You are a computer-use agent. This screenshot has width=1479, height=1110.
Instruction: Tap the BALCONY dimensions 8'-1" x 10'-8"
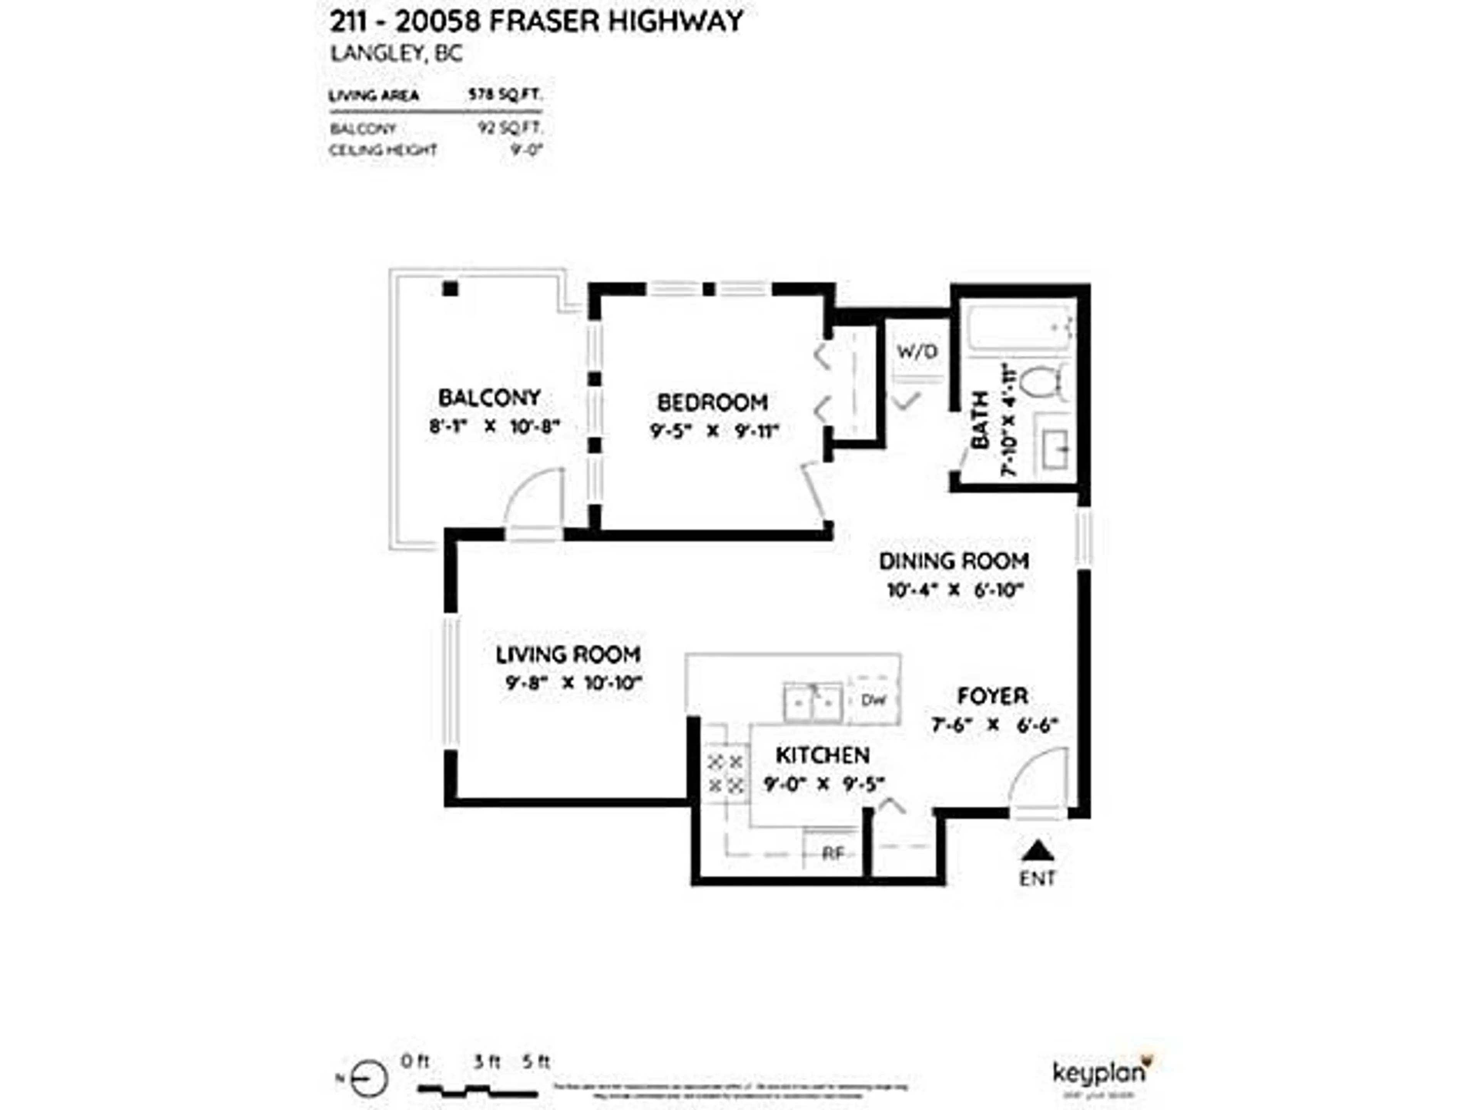pos(493,426)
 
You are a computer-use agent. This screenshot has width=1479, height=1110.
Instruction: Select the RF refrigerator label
pos(832,854)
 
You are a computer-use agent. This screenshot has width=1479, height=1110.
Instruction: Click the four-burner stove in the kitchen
pos(726,773)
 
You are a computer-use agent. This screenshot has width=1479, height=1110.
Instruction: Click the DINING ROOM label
pos(954,561)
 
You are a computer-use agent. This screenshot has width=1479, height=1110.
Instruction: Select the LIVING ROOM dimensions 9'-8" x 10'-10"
pos(573,683)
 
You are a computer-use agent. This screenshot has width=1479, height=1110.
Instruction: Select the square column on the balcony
pos(450,288)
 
